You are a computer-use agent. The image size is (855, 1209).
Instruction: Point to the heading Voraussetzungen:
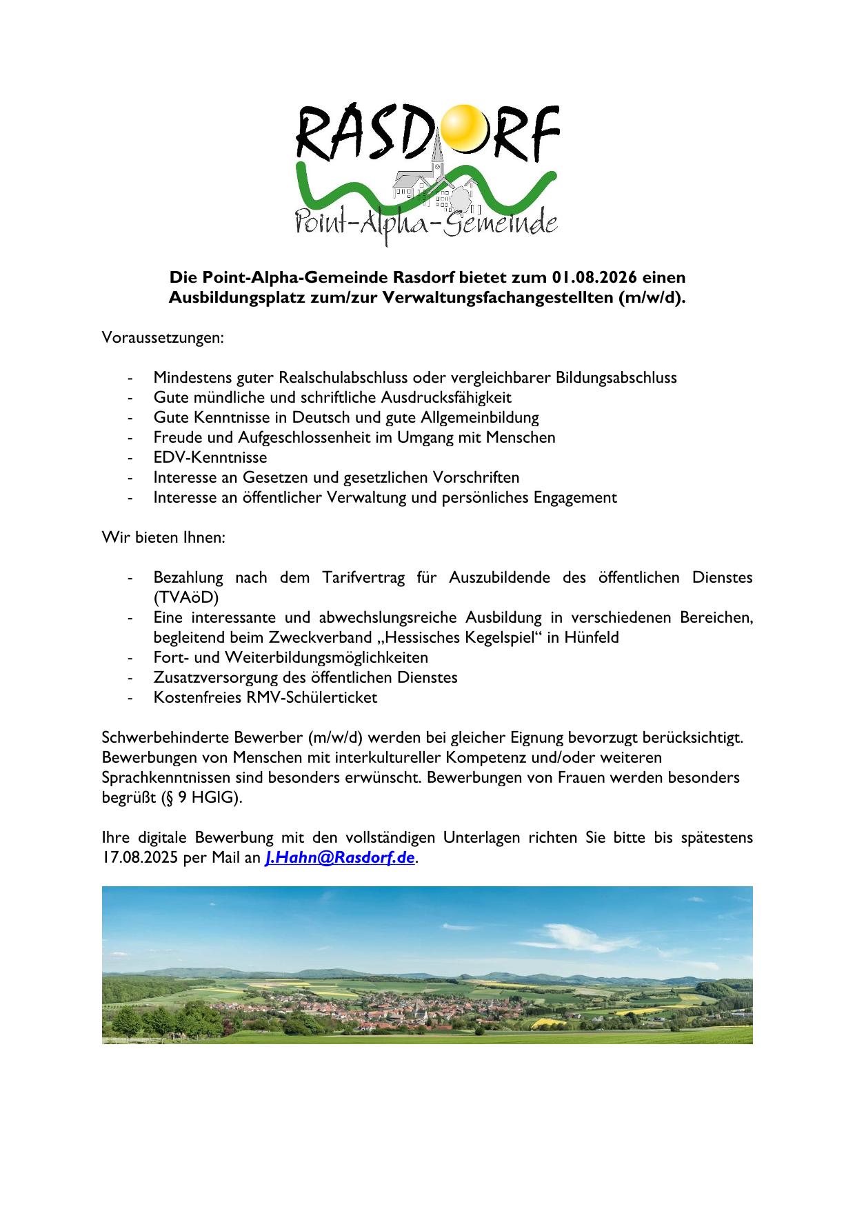pyautogui.click(x=163, y=338)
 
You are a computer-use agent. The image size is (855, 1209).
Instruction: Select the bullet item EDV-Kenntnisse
pyautogui.click(x=210, y=457)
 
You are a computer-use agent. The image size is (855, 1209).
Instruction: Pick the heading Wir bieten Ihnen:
pyautogui.click(x=163, y=537)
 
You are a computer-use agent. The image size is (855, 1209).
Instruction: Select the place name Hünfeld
pyautogui.click(x=592, y=637)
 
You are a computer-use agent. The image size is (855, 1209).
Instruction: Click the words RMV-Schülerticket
pyautogui.click(x=312, y=697)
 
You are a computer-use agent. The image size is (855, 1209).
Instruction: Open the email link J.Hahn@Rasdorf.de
pyautogui.click(x=340, y=858)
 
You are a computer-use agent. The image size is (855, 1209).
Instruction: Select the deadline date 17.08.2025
pyautogui.click(x=141, y=858)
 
